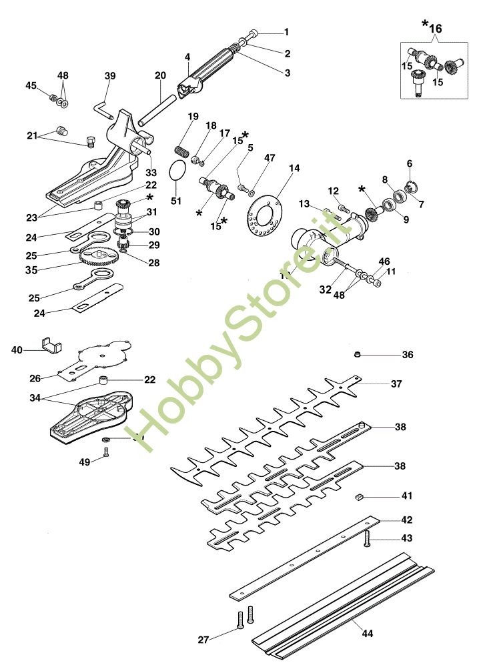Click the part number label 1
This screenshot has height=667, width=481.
[x=287, y=32]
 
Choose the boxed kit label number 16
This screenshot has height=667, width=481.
[x=435, y=29]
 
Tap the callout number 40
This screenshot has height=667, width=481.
[x=17, y=349]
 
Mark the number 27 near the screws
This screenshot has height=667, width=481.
[x=203, y=640]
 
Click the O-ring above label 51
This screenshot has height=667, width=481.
[x=177, y=170]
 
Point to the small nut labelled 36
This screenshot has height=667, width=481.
[x=358, y=354]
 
